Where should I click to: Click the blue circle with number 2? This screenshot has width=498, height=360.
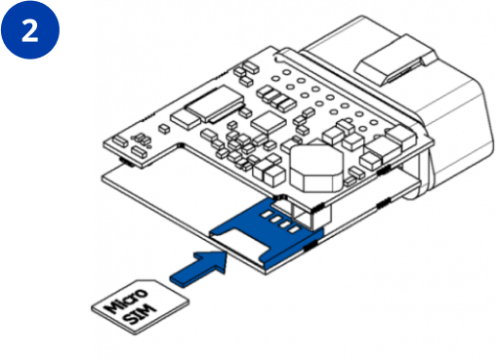point(30,30)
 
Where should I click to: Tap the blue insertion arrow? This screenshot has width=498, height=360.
point(198,268)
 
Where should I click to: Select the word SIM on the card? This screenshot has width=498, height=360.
point(141,314)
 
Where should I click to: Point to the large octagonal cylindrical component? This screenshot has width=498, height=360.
point(315,168)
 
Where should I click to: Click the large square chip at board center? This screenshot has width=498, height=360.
point(269,123)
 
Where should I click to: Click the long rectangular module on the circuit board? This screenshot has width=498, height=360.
point(215,103)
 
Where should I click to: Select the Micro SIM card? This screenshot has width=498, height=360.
point(140,307)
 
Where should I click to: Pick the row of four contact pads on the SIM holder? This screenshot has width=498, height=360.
point(280,222)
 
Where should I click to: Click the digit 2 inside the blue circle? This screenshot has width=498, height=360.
point(30,30)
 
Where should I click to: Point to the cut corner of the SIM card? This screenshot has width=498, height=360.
point(156,284)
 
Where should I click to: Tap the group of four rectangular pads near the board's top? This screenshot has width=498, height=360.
point(276,98)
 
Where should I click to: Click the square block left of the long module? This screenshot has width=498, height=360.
point(187,118)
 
